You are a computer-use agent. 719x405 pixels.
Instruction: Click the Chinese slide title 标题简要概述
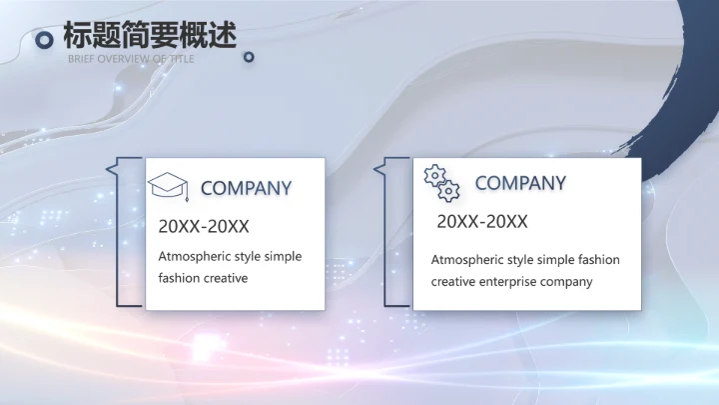pos(150,35)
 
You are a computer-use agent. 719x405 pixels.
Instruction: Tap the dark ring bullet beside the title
pos(44,40)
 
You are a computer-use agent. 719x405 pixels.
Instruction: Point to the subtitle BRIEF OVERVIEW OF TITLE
pos(131,59)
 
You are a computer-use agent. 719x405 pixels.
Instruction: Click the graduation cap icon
pos(168,186)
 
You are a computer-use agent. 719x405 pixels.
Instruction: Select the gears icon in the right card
pos(441,183)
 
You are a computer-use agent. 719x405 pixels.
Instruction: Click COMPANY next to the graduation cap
pos(246,188)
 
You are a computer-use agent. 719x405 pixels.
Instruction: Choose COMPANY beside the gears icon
pos(519,183)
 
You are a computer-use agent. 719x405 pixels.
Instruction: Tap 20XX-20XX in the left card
pos(204,226)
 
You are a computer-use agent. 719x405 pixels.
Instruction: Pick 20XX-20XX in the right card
pos(481,222)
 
